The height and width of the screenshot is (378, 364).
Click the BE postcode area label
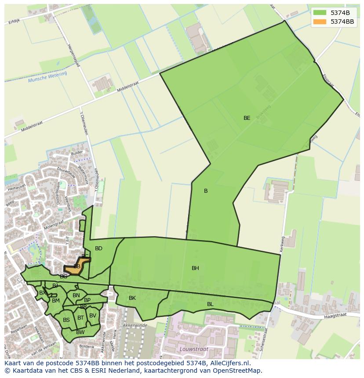(247, 118)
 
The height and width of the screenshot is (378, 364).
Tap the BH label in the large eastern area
(195, 268)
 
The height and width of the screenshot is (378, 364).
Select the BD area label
(98, 248)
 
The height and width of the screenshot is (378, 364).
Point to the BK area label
(132, 298)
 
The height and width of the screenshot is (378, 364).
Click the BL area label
(210, 304)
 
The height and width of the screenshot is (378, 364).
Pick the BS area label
(66, 320)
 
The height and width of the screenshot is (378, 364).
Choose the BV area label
(92, 315)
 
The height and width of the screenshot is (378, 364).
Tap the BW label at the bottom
(80, 332)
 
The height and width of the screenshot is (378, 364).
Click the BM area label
(55, 301)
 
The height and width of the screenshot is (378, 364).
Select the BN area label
(76, 295)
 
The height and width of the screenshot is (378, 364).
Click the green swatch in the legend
(320, 12)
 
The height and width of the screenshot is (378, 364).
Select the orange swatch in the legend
(320, 22)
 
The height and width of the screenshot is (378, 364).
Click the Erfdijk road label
(14, 21)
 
